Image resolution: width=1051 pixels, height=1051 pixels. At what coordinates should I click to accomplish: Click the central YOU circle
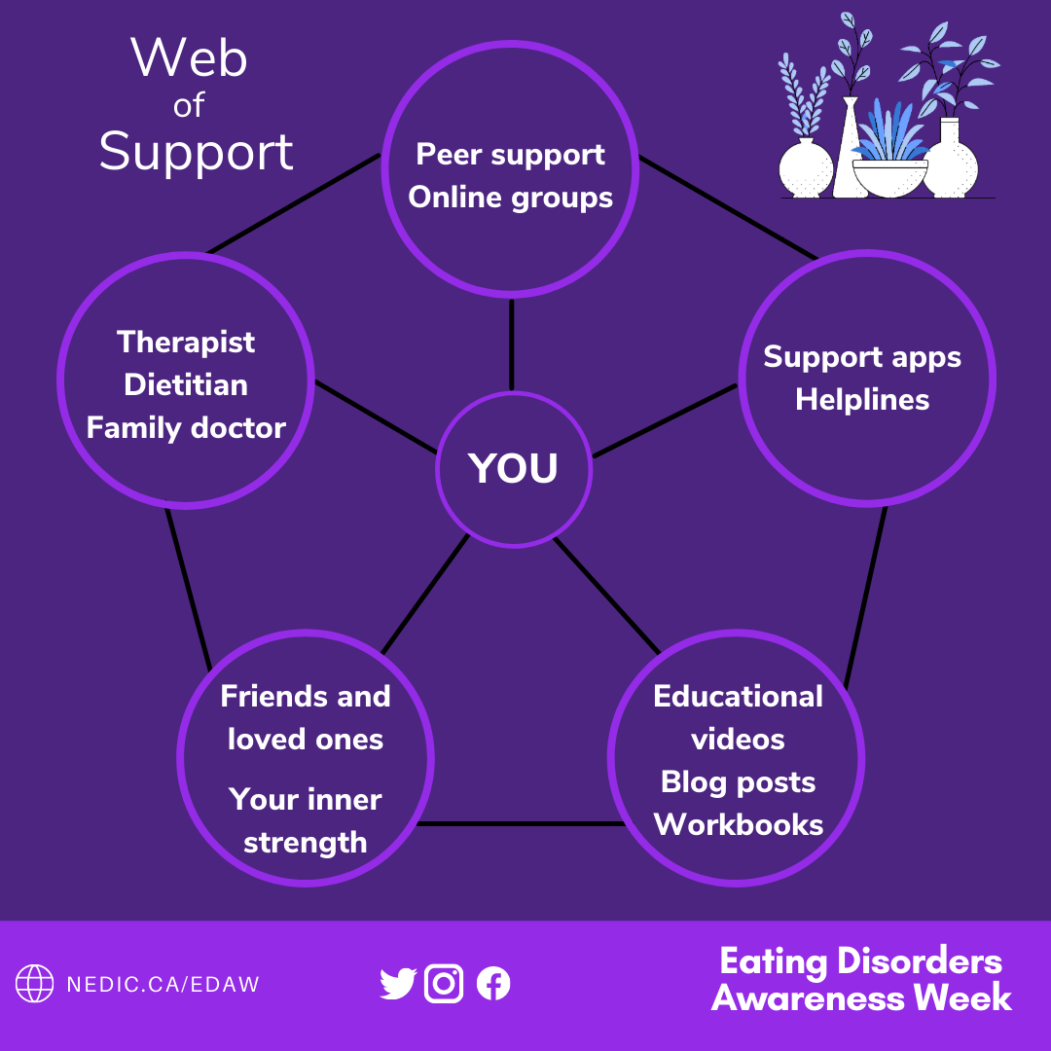tap(514, 468)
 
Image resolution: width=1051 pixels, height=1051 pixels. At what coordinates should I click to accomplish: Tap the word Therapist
tap(186, 343)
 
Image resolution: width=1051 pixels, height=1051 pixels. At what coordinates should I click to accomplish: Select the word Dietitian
tap(186, 385)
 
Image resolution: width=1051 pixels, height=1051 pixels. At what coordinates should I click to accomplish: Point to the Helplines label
tap(862, 400)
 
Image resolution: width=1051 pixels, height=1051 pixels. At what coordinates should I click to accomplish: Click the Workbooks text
tap(739, 825)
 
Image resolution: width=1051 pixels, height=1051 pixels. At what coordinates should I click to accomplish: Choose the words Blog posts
tap(739, 782)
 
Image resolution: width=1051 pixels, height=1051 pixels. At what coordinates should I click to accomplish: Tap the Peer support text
tap(511, 155)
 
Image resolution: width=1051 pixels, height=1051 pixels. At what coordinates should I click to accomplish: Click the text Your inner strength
tap(306, 820)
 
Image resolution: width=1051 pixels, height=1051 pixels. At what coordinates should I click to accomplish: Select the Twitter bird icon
tap(398, 984)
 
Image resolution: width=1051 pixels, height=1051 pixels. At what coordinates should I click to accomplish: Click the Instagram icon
tap(445, 984)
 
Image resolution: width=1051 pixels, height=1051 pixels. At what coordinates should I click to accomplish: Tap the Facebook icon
tap(493, 984)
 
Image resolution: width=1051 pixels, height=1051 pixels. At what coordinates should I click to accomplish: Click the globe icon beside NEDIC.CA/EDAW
tap(35, 984)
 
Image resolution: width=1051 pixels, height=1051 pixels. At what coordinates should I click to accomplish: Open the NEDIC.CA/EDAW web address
tap(163, 984)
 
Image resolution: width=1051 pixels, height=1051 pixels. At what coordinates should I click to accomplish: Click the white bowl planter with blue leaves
tap(889, 175)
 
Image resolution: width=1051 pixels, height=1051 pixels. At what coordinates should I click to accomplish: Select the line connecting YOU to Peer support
tap(512, 345)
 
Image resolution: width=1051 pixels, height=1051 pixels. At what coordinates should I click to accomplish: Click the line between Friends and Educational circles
tap(521, 824)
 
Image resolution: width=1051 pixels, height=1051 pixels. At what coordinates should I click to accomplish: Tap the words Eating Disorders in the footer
tap(861, 961)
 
